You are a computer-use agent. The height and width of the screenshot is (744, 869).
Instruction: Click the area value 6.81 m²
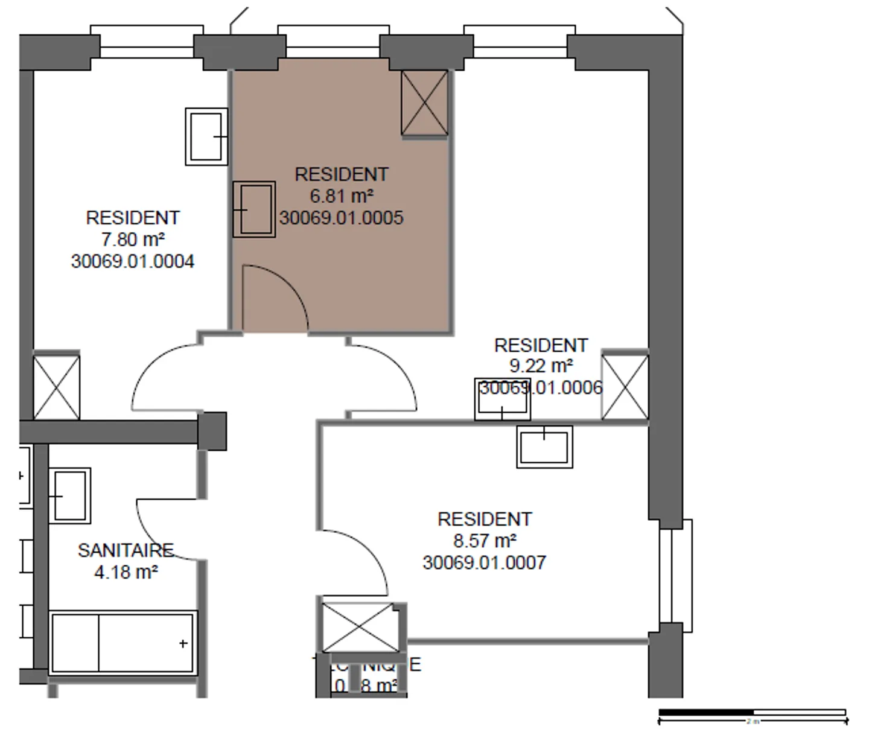[341, 196]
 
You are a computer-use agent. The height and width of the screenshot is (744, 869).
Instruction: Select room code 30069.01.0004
[133, 261]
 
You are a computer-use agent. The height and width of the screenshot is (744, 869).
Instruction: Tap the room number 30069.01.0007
[484, 562]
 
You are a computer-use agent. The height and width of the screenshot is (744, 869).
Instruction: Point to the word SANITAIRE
[126, 550]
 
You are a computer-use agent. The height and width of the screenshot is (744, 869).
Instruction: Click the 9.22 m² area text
[541, 366]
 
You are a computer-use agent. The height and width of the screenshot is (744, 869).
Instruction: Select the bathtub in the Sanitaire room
[123, 643]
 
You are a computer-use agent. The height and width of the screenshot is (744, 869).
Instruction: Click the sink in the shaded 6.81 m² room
[254, 209]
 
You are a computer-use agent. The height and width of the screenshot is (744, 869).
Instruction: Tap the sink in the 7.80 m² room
[206, 136]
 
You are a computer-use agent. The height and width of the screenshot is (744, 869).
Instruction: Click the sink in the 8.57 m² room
[544, 447]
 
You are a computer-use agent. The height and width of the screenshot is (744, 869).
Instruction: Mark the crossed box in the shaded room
[425, 103]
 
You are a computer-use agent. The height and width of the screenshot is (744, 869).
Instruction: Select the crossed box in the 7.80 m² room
[56, 387]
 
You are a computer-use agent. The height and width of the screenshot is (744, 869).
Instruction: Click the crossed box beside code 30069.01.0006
[625, 387]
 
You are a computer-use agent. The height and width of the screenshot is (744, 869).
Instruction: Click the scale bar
[752, 715]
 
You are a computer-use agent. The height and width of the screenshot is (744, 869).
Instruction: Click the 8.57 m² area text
[484, 541]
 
